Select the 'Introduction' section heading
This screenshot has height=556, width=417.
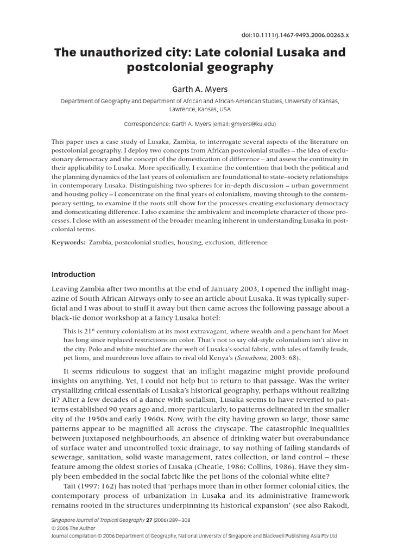(73, 274)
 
